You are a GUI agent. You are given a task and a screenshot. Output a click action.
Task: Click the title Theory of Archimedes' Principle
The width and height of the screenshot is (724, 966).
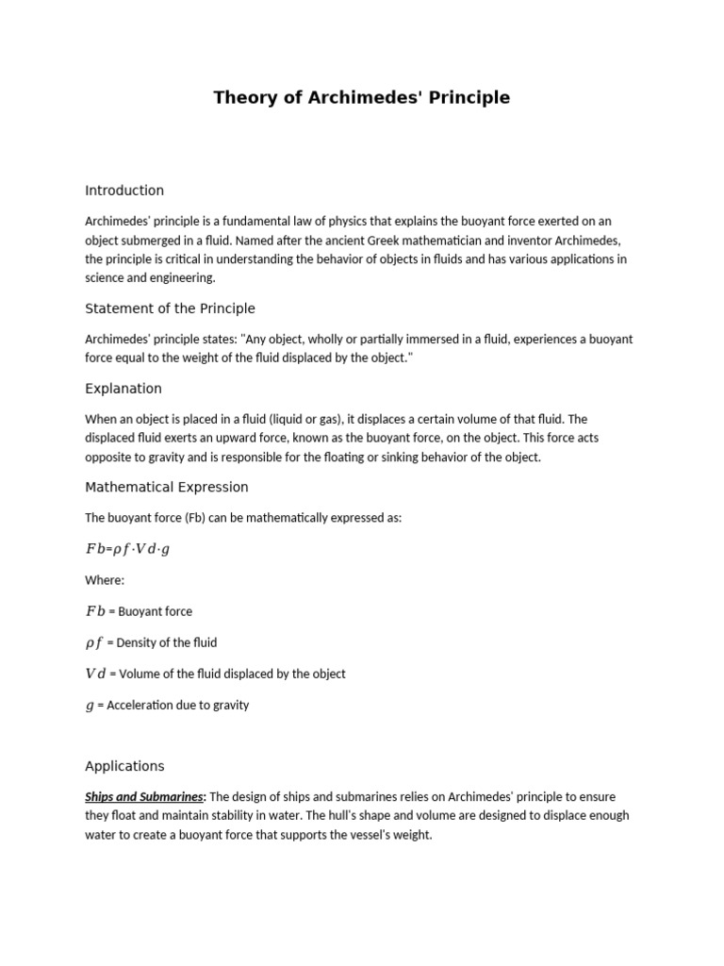click(x=361, y=97)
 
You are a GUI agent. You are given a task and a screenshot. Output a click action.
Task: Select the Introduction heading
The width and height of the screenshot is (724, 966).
click(x=124, y=191)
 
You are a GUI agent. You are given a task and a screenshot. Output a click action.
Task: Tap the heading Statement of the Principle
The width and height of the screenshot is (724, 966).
click(x=170, y=308)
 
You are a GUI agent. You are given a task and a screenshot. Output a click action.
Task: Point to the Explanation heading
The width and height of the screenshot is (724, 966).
click(x=123, y=389)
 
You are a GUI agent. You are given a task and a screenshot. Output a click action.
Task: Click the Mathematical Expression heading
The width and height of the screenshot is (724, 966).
click(x=167, y=487)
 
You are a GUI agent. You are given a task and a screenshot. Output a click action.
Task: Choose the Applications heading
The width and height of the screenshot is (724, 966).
click(x=124, y=766)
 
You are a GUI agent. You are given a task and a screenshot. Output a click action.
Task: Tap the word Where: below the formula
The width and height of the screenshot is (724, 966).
click(x=105, y=580)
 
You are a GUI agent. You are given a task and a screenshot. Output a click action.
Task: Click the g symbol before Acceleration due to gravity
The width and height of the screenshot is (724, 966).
click(x=90, y=705)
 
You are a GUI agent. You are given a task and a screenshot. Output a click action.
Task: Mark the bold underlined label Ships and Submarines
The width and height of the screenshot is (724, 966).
click(x=144, y=797)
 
